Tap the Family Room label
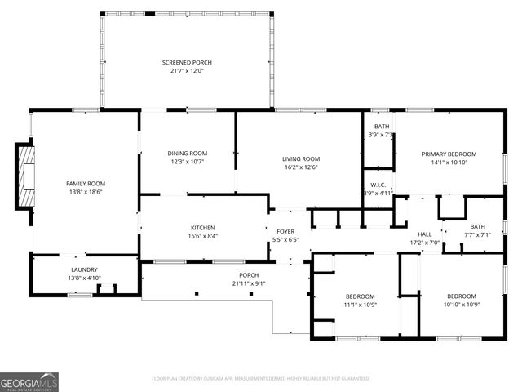(86, 184)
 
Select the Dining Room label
(188, 153)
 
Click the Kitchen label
(202, 228)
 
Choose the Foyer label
(285, 231)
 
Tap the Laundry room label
(84, 269)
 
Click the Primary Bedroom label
(449, 154)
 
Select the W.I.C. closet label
(378, 185)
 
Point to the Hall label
(424, 234)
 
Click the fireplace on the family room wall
(26, 176)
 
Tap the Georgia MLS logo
(29, 381)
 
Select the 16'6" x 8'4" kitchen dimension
(202, 237)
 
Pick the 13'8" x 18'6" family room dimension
(86, 193)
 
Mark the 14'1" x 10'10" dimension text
(449, 163)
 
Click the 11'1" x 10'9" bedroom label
(360, 300)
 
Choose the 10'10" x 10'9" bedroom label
(462, 300)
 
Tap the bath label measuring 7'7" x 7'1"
(477, 231)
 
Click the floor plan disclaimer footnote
(261, 378)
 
